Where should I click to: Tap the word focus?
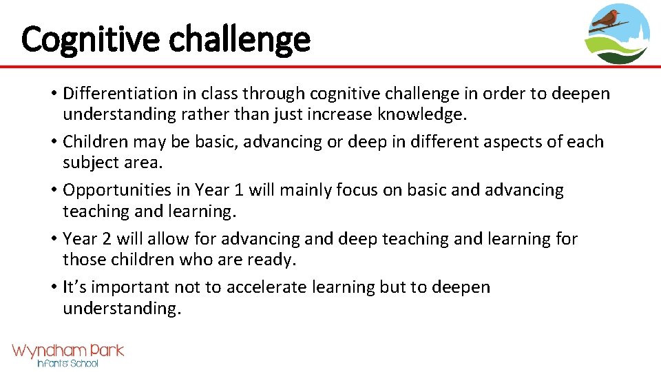357,190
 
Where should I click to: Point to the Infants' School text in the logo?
67,363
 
